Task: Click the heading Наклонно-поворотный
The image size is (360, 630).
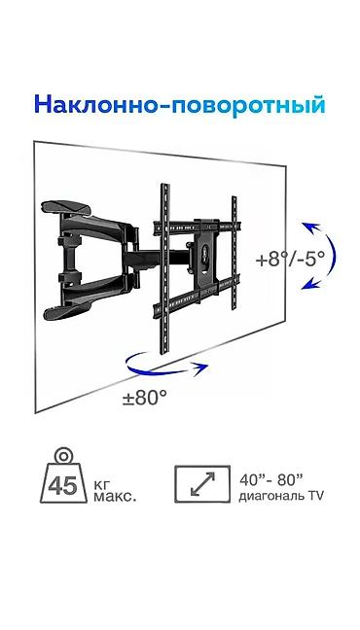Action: [x=179, y=106]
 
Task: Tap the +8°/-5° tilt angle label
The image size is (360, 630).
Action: [x=289, y=260]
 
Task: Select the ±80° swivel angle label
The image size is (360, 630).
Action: [x=144, y=399]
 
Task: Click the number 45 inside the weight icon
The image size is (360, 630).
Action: [x=62, y=485]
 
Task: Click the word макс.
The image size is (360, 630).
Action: [x=115, y=497]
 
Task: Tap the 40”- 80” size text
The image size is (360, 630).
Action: [x=270, y=479]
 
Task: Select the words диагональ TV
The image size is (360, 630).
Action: [x=281, y=497]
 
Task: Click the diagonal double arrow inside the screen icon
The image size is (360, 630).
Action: [x=202, y=484]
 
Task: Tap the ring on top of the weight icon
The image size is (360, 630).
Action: [x=63, y=457]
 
